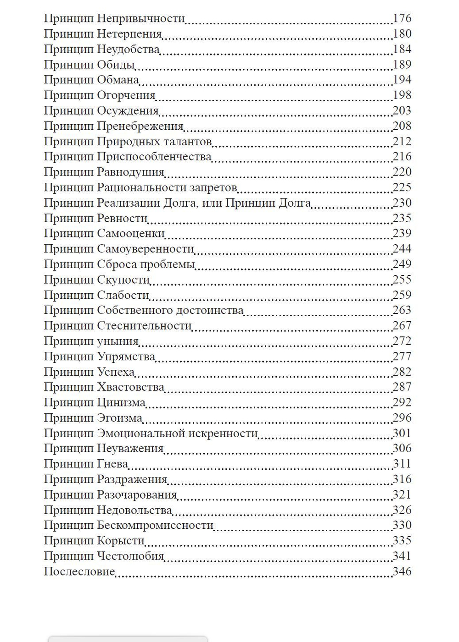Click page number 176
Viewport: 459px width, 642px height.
(402, 18)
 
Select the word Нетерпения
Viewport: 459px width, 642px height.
(129, 34)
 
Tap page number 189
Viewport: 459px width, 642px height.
(402, 65)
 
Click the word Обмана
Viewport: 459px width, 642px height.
(118, 80)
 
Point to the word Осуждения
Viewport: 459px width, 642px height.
(128, 111)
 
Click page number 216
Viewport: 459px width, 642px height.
(402, 157)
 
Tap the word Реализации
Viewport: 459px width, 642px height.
(129, 203)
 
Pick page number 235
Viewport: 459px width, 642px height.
(402, 218)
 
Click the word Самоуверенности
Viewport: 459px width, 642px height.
(146, 249)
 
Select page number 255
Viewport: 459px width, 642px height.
(402, 280)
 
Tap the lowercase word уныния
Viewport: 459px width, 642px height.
(118, 341)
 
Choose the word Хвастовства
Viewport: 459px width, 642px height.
(130, 387)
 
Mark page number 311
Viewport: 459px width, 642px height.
(402, 464)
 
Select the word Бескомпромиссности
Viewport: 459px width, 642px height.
(155, 525)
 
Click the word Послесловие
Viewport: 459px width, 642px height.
(79, 571)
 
